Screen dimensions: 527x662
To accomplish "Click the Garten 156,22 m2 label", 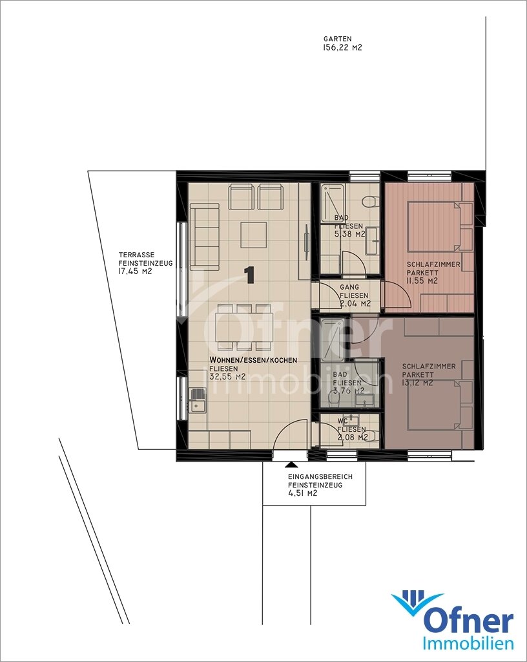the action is click(x=342, y=43).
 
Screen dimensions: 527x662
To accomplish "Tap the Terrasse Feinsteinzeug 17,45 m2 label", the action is click(x=145, y=264).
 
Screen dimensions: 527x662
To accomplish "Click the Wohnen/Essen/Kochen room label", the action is click(x=253, y=360).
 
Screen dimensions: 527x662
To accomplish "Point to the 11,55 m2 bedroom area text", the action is click(x=422, y=281).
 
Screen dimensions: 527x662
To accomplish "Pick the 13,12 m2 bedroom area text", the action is click(x=417, y=383).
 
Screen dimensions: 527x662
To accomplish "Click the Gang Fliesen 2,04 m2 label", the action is click(x=355, y=295).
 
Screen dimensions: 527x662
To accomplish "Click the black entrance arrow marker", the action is click(x=289, y=464).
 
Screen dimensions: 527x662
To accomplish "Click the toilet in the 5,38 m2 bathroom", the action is click(x=369, y=202).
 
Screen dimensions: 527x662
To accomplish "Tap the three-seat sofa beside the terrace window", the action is click(x=205, y=237).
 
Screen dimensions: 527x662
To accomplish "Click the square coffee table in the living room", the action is click(x=254, y=235).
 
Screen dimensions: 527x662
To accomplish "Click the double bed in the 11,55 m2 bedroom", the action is click(x=434, y=227).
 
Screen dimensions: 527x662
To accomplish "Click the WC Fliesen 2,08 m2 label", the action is click(x=353, y=429).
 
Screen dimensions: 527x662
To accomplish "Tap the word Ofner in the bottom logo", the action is click(x=468, y=620).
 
